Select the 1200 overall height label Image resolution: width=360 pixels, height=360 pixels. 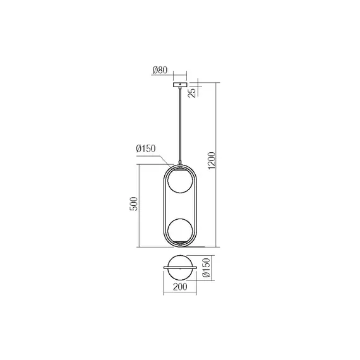click(x=212, y=164)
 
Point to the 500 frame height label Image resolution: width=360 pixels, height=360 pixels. click(x=133, y=205)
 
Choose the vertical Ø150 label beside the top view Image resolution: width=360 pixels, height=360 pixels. click(x=205, y=268)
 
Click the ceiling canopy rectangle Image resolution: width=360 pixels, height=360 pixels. click(x=181, y=84)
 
